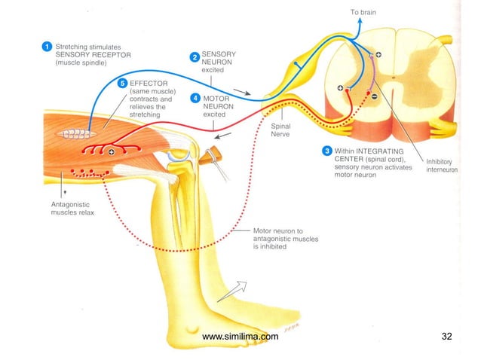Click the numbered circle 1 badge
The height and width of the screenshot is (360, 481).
(47, 47)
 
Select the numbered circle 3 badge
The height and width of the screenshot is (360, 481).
(326, 151)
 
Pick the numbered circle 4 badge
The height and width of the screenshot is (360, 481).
(195, 98)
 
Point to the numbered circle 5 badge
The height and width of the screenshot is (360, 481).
(123, 81)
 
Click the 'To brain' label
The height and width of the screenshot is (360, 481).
(363, 12)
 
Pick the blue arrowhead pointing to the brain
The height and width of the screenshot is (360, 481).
(361, 21)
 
